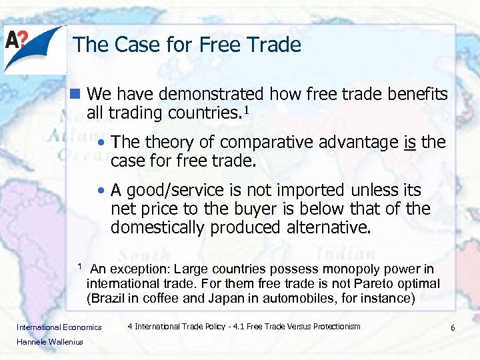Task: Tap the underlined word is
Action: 410,142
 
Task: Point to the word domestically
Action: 157,227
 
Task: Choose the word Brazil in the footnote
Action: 107,299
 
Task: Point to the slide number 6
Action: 452,328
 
